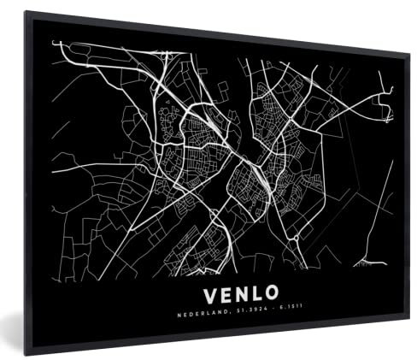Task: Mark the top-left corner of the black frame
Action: point(26,13)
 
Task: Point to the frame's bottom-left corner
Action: point(26,351)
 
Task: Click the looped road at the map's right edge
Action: point(387,108)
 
